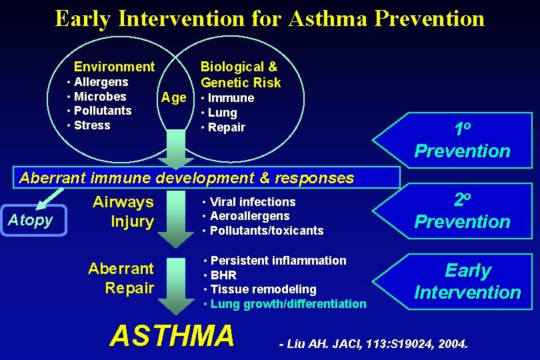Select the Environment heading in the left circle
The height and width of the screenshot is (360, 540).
tap(114, 67)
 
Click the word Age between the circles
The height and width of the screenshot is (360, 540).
tap(174, 98)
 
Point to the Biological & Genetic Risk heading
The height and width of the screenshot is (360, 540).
tap(240, 75)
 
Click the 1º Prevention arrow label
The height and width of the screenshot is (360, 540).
tap(461, 141)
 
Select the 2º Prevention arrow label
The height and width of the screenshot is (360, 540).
tap(461, 211)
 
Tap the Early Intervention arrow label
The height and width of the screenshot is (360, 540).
tap(467, 281)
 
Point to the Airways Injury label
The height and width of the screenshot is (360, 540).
tap(124, 211)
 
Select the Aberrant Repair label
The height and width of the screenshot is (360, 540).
tap(122, 278)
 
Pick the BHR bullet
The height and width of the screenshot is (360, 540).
tap(223, 275)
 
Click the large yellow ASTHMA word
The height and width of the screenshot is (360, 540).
tap(172, 335)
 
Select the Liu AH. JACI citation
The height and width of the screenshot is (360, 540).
tap(373, 345)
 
